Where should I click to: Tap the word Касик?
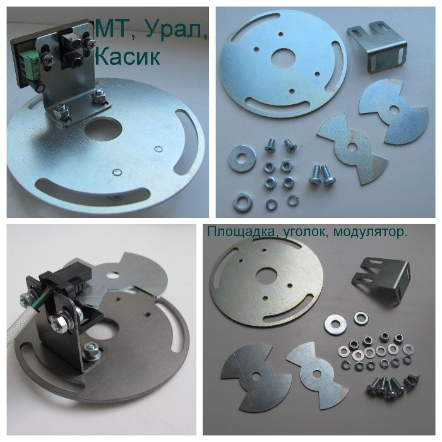point(128,56)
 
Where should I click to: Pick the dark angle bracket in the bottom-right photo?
point(381,279)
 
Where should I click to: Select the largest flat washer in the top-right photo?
point(242,158)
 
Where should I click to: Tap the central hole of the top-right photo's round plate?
point(284,58)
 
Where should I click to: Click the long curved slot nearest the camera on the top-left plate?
point(93,191)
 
